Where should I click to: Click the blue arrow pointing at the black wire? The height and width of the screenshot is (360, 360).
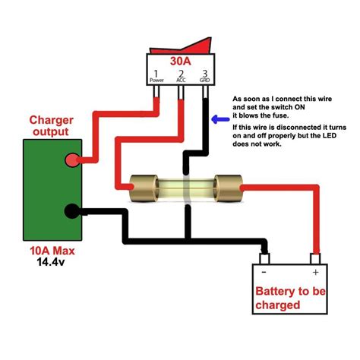coord(219,118)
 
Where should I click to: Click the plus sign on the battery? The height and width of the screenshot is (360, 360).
coord(314,272)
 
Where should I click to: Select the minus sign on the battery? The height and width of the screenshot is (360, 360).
coord(264,272)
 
